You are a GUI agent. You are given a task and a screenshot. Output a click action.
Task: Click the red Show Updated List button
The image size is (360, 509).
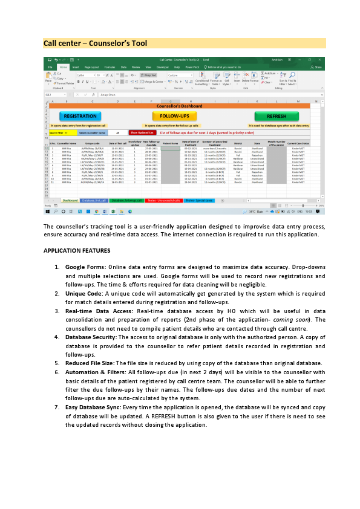tap(143, 132)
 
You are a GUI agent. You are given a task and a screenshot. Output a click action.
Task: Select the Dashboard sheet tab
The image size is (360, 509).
tap(70, 199)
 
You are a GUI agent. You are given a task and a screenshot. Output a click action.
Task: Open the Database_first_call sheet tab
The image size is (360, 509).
tap(94, 199)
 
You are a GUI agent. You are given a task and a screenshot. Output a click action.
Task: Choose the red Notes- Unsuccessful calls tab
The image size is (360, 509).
tap(164, 199)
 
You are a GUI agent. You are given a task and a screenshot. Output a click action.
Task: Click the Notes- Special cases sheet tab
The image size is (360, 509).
tap(199, 199)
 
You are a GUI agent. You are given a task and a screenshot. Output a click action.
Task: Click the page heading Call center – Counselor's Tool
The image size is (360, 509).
tap(95, 44)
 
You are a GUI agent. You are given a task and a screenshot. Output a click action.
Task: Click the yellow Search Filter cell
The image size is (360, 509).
tap(59, 132)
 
